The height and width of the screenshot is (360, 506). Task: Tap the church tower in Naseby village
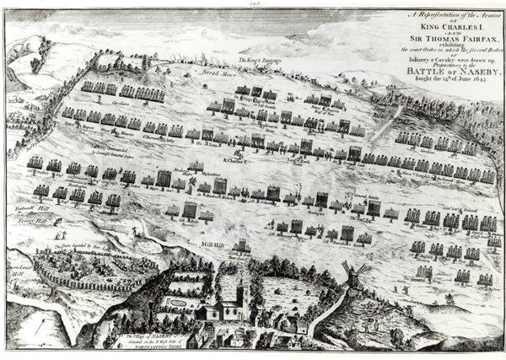click(x=241, y=295)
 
